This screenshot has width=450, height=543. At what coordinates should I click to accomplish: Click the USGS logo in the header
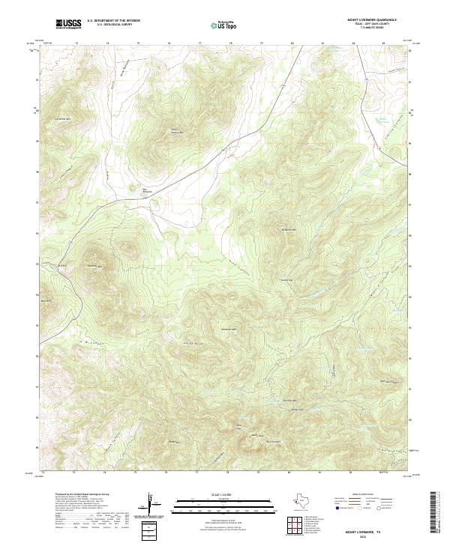[69, 24]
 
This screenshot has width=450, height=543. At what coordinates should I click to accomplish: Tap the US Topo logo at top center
[226, 25]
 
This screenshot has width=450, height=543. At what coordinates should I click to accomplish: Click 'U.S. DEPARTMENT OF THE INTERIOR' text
[113, 21]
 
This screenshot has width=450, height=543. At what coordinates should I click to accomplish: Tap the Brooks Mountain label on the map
[289, 229]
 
